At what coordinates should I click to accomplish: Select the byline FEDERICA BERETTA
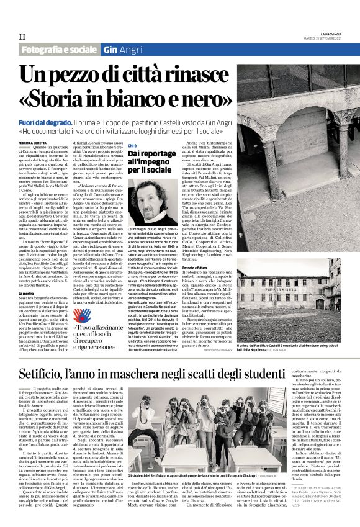(35, 143)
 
